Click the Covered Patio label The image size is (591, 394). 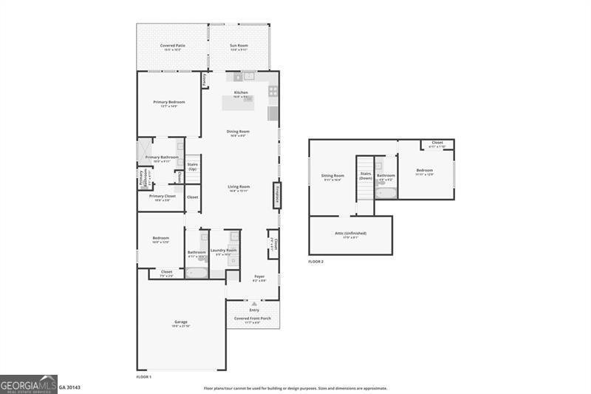[173, 46]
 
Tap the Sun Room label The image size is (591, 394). [238, 46]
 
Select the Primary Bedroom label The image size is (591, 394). [169, 102]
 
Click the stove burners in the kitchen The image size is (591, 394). [273, 92]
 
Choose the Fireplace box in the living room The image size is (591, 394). [276, 196]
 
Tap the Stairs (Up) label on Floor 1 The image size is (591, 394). [192, 166]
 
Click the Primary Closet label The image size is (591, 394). [162, 197]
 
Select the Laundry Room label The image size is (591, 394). [223, 251]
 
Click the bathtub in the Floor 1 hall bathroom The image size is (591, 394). [197, 272]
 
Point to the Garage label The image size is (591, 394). [181, 322]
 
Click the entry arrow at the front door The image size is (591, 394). [253, 303]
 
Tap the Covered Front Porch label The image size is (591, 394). [253, 318]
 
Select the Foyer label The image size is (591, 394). [259, 277]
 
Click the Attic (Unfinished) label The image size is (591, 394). [351, 233]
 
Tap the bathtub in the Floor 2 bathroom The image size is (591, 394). [386, 194]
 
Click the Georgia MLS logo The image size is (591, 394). [29, 383]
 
